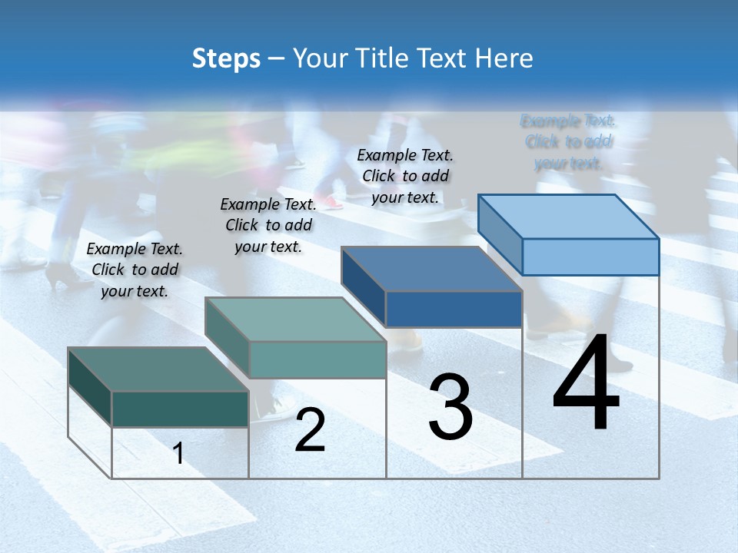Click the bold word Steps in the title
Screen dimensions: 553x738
click(226, 58)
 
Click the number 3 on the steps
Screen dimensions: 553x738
click(450, 407)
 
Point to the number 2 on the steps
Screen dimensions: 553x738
click(310, 430)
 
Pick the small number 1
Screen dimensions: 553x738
click(178, 453)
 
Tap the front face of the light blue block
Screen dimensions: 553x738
click(590, 257)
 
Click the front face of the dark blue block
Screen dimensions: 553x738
click(454, 309)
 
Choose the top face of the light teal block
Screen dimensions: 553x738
click(295, 319)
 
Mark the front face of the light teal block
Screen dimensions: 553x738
click(317, 359)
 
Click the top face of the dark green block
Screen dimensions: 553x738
click(158, 369)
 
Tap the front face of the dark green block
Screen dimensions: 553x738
click(180, 409)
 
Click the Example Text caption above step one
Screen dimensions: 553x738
click(135, 270)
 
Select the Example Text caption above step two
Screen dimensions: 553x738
click(268, 225)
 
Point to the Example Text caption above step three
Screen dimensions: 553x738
click(406, 176)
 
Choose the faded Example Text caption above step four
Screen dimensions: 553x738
click(569, 141)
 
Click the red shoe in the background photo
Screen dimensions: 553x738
click(332, 203)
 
